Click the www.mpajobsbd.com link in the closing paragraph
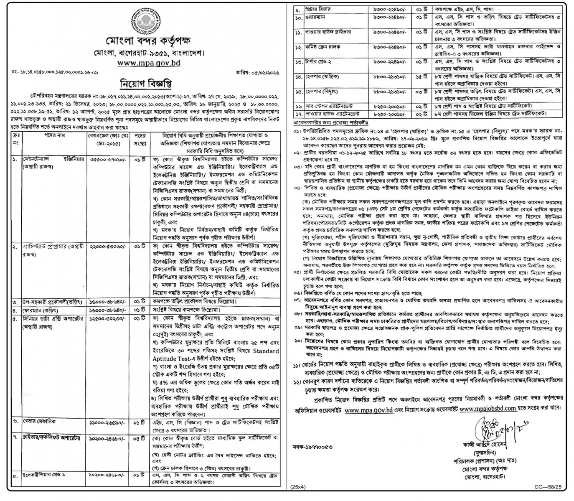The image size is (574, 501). (x=488, y=409)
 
